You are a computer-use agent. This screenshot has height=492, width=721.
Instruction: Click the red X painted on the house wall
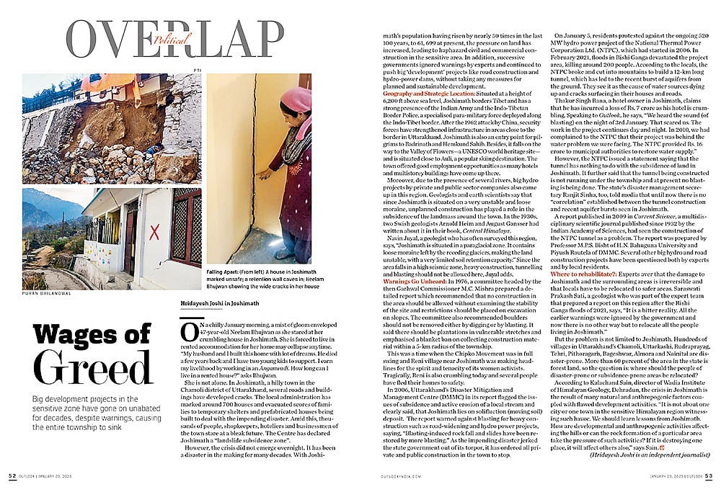[154, 231]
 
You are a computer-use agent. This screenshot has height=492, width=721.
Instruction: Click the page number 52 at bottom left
[12, 475]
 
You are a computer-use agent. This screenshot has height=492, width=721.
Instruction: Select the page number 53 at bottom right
[708, 475]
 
